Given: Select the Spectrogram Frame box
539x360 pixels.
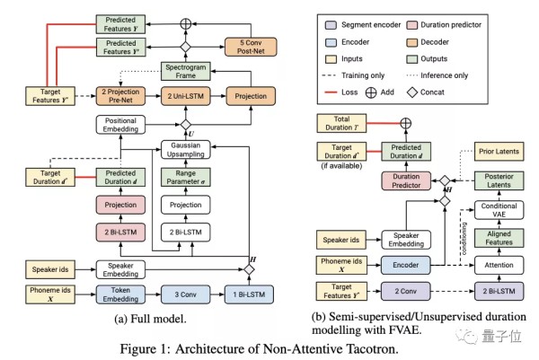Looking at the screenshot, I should (x=187, y=73).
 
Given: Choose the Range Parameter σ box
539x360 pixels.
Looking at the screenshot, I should (x=187, y=178).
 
